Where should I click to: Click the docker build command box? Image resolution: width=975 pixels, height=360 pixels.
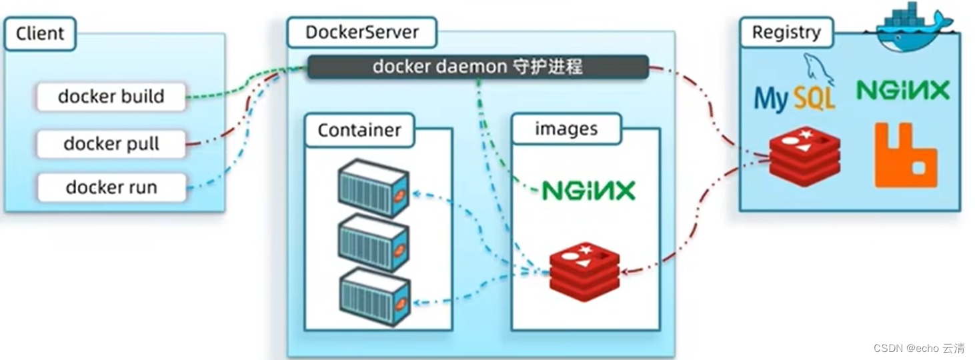[x=111, y=97]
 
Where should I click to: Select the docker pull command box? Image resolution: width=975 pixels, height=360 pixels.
[x=111, y=144]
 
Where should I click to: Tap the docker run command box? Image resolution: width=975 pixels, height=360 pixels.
[x=111, y=187]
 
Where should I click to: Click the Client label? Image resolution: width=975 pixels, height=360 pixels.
[x=40, y=33]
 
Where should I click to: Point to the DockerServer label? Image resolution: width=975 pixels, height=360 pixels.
[x=361, y=32]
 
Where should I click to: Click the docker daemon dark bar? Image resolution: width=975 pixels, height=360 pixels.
[x=477, y=67]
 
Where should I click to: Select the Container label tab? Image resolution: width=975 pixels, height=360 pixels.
[x=359, y=130]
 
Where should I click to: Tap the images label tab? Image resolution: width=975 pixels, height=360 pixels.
[x=566, y=129]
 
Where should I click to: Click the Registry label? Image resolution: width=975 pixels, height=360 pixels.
[x=786, y=32]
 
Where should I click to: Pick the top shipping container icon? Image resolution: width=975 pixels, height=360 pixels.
[x=373, y=189]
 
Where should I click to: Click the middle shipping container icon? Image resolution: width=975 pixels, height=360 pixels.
[x=373, y=243]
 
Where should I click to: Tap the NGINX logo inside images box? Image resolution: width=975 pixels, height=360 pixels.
[x=588, y=191]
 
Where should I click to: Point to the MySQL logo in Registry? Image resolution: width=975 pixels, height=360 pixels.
[x=794, y=93]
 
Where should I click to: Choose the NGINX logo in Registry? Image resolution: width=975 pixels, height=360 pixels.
[x=903, y=91]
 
